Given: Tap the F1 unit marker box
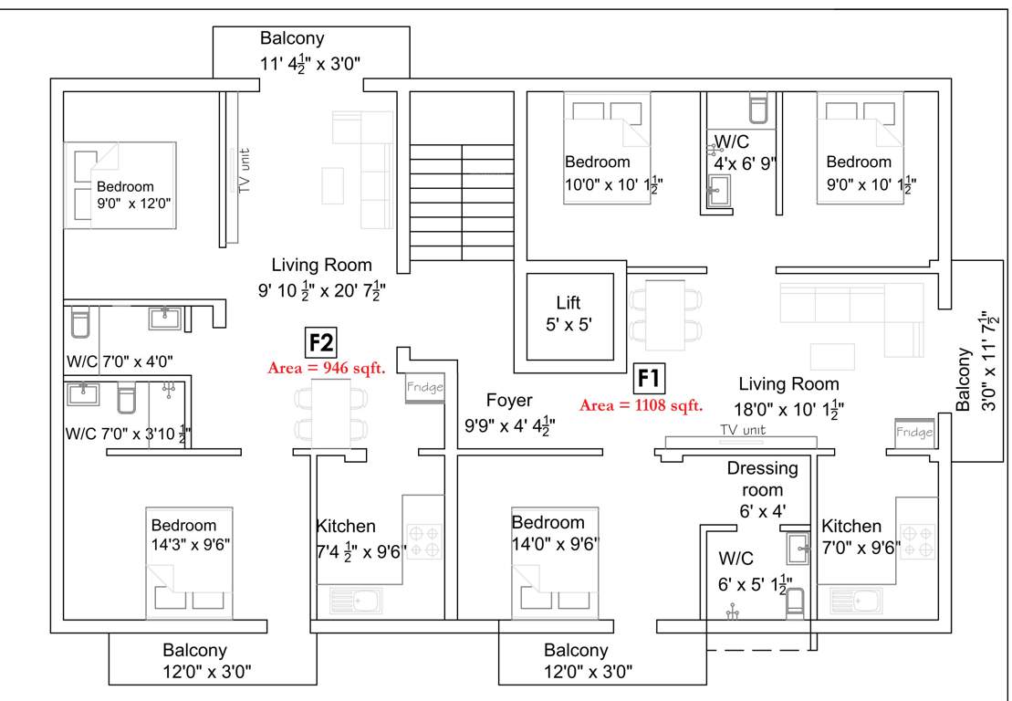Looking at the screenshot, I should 649,377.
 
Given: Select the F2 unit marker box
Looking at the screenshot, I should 321,342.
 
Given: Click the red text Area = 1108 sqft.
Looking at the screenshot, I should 641,405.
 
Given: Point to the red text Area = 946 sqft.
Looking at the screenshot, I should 327,369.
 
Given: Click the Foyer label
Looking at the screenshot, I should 509,401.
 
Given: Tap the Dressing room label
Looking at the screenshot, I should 762,468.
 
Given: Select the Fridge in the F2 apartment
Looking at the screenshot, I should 425,388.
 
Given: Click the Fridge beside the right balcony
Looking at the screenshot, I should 913,433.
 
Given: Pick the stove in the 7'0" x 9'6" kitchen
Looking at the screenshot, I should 919,539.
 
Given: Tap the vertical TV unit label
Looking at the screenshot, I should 244,171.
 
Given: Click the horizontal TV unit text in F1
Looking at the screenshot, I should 742,430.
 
